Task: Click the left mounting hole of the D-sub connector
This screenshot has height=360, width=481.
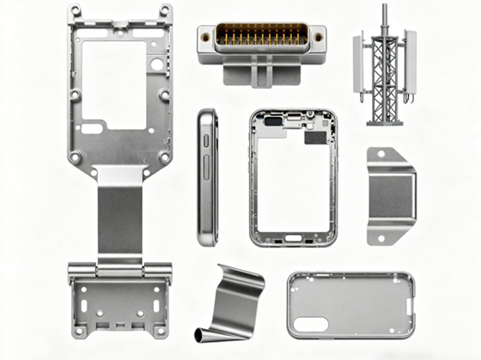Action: click(x=206, y=36)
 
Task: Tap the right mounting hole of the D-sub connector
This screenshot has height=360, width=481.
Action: click(x=317, y=37)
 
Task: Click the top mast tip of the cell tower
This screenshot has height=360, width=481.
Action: click(x=384, y=8)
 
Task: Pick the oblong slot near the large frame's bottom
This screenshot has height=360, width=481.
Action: click(x=92, y=128)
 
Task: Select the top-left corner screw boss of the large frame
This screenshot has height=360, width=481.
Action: click(x=76, y=11)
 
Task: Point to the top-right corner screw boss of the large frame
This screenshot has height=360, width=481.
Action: click(x=164, y=11)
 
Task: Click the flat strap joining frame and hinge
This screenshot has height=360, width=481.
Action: click(x=119, y=215)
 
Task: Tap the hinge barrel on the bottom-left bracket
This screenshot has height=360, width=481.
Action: click(x=119, y=270)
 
